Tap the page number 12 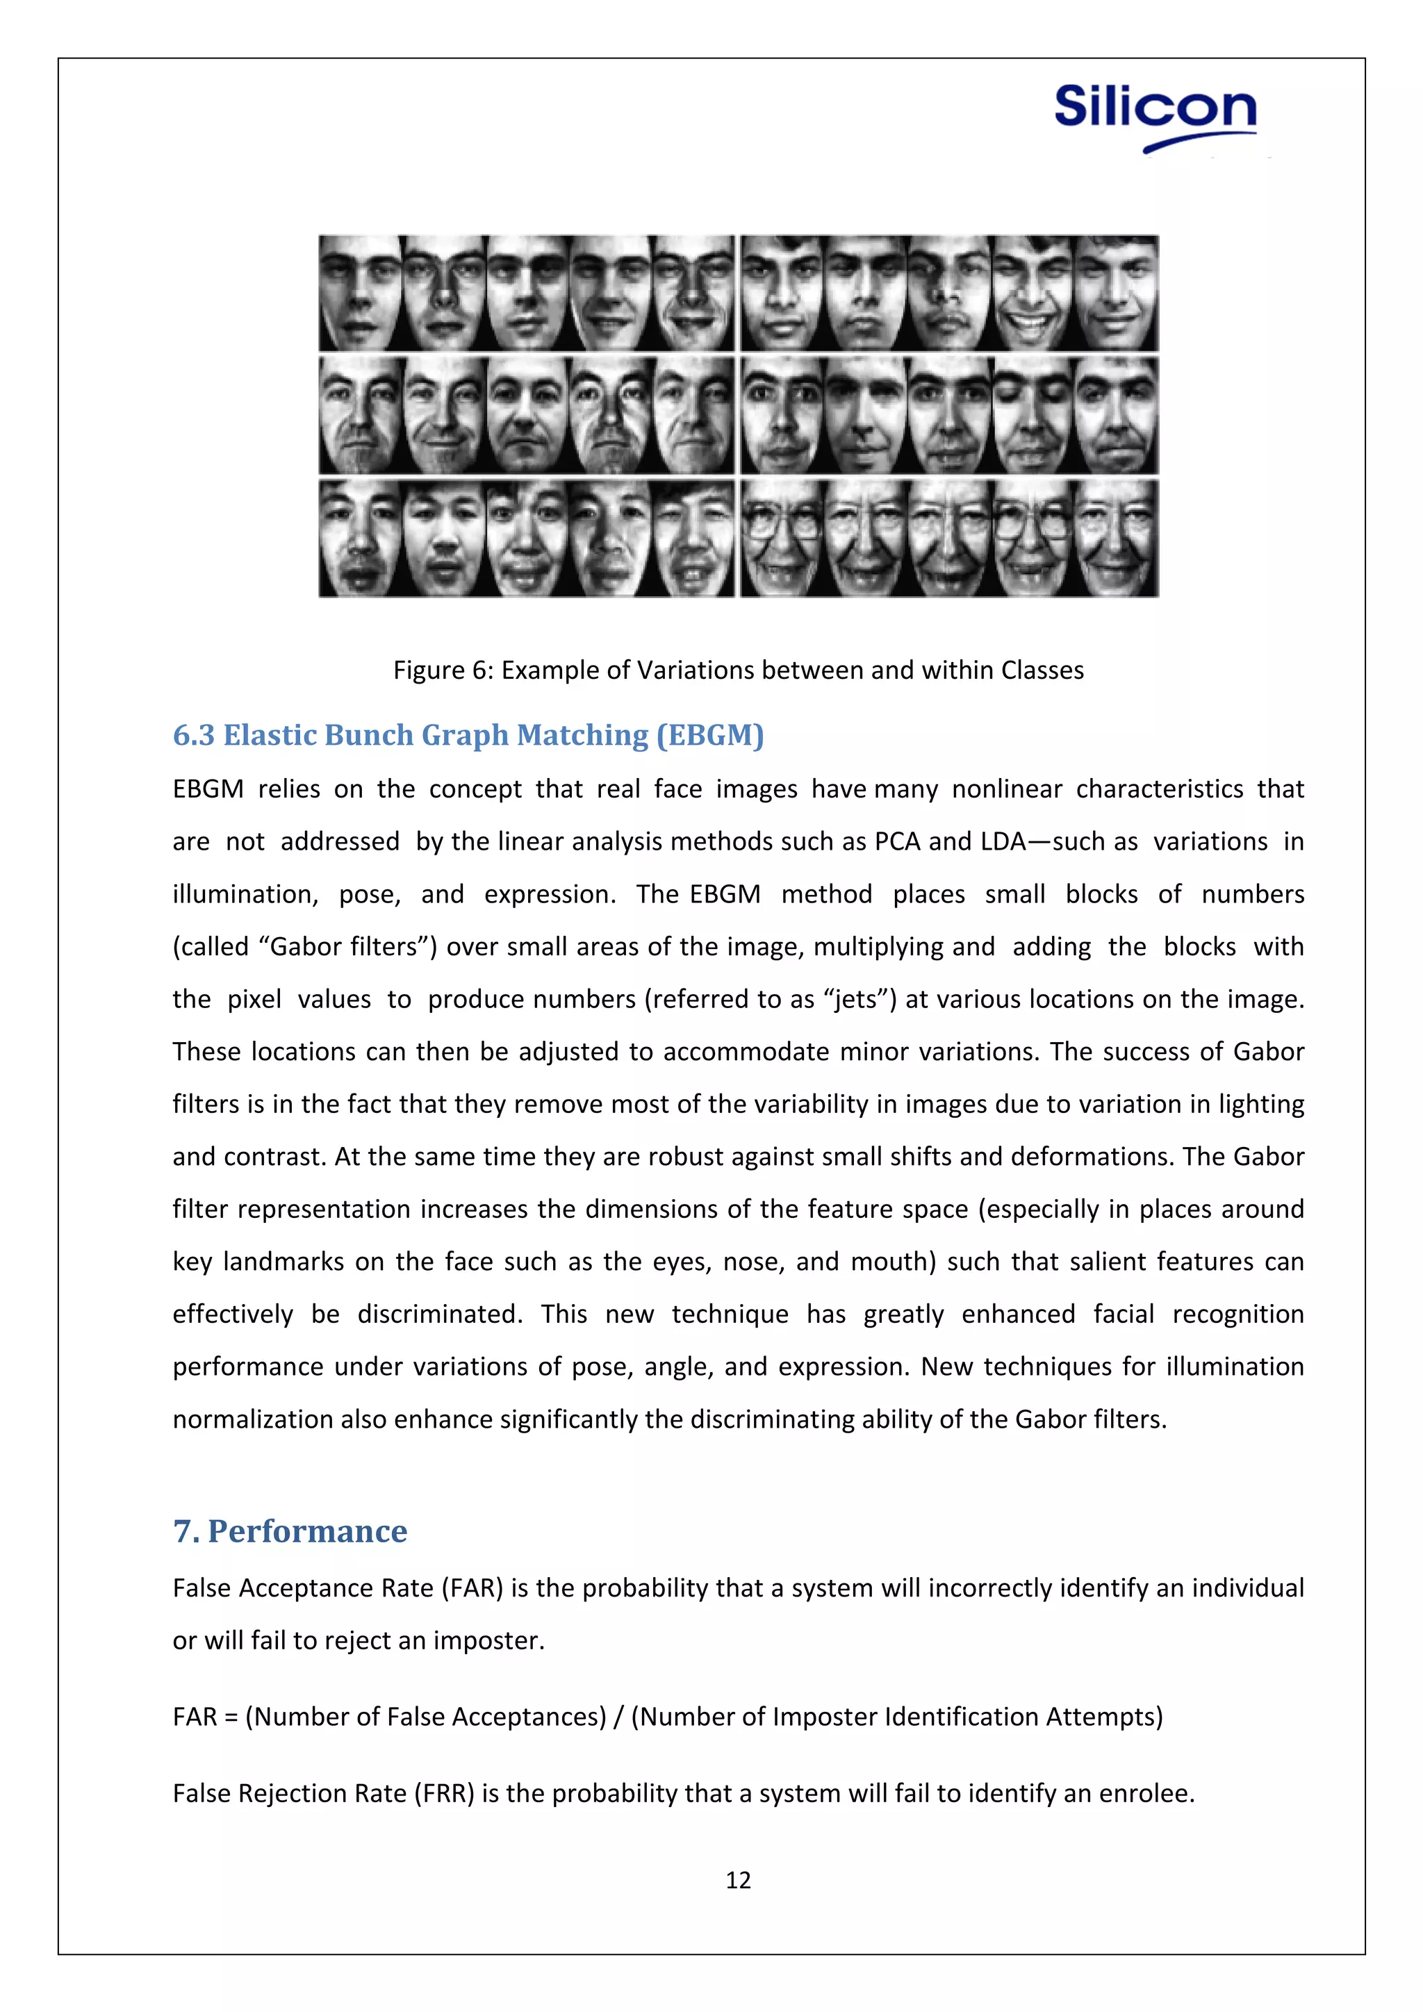738,1880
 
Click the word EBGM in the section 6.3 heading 709,734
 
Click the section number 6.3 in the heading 192,734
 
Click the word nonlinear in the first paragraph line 1007,789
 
